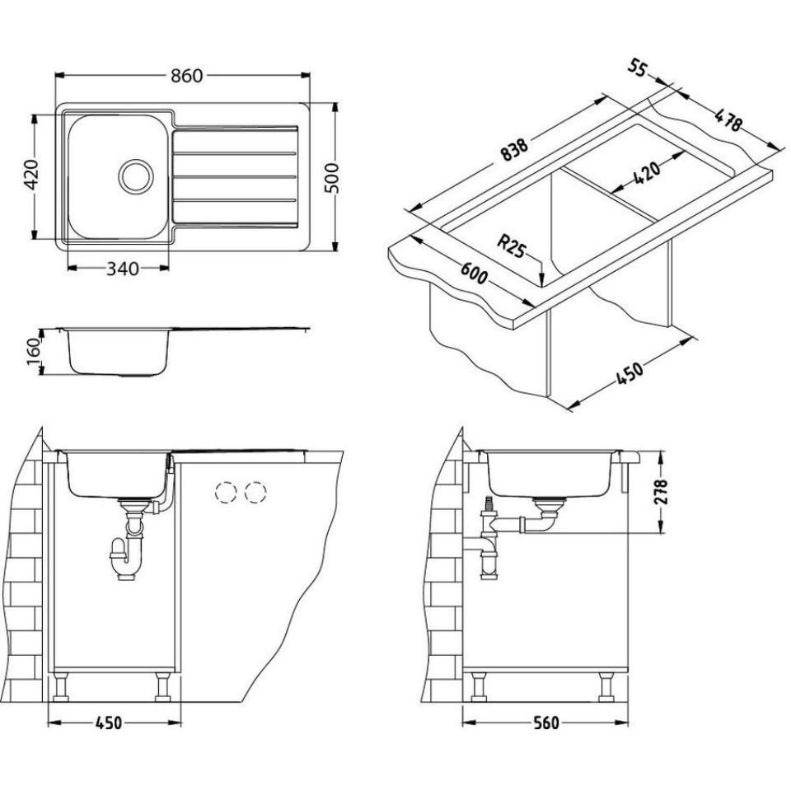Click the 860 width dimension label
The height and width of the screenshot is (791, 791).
186,76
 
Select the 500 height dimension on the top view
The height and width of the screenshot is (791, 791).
332,177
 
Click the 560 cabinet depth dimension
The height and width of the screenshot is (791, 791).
544,723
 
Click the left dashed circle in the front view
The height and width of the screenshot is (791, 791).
225,493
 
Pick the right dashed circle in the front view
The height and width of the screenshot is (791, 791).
255,493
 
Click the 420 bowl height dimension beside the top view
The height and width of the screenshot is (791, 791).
31,176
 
